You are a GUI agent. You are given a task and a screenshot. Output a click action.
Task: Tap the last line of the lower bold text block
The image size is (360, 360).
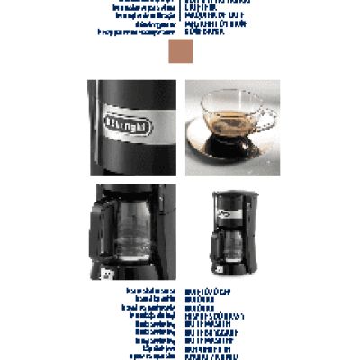point(211,356)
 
